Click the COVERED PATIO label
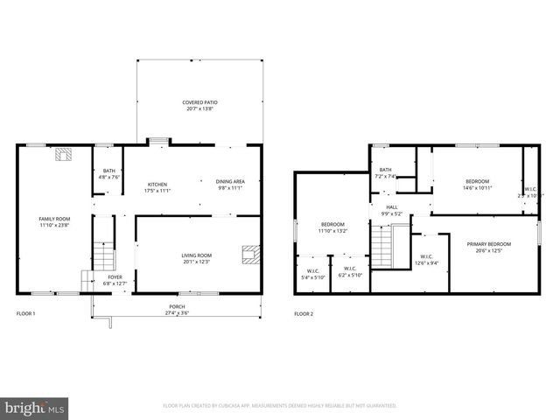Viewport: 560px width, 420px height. [x=200, y=102]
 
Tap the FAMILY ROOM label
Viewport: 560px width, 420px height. [x=54, y=219]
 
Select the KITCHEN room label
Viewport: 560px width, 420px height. [x=157, y=184]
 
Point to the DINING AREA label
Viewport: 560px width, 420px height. [x=229, y=181]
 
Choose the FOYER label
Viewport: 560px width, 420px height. [x=115, y=276]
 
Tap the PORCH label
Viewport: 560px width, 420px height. [x=177, y=306]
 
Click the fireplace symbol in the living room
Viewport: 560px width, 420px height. [x=251, y=254]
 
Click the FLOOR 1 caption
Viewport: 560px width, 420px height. [x=26, y=313]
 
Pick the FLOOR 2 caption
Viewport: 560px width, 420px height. [x=304, y=313]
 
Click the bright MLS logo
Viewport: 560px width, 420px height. [x=35, y=407]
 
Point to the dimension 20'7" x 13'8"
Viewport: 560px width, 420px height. [x=200, y=109]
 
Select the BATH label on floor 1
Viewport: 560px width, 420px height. [x=109, y=171]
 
